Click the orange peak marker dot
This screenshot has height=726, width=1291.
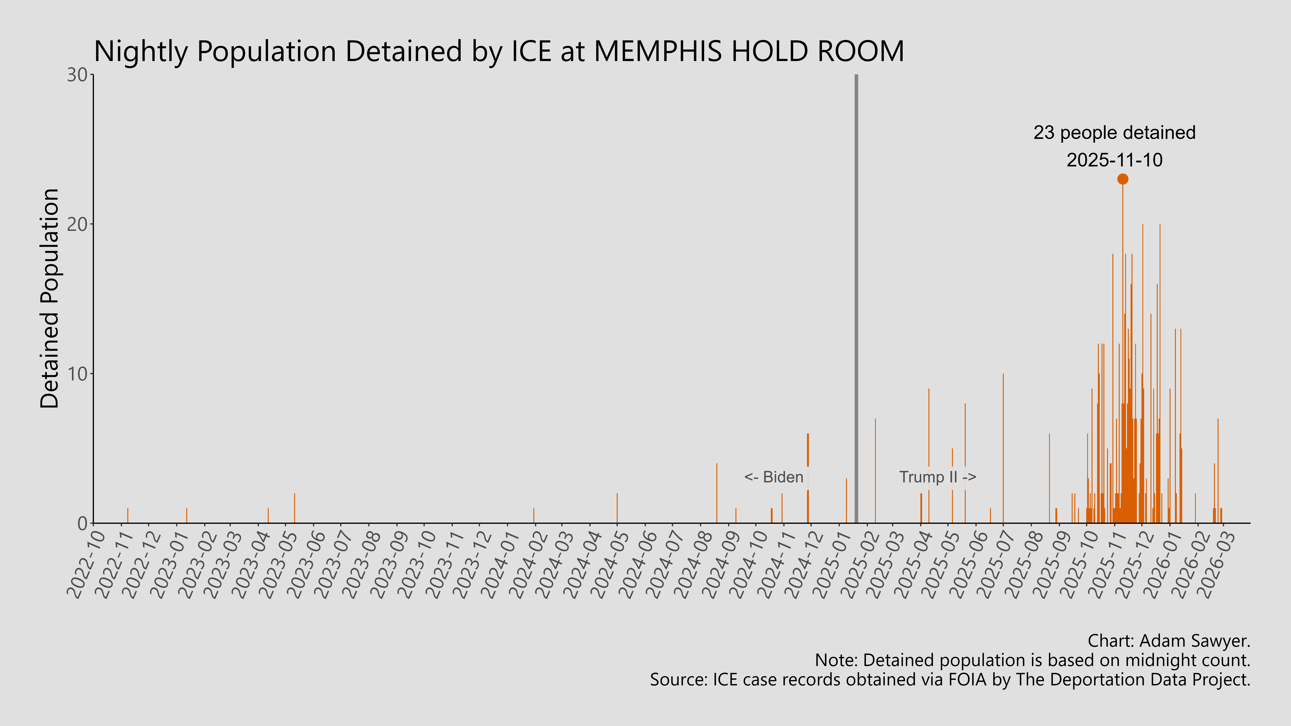point(1123,179)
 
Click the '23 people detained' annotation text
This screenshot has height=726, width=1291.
point(1114,133)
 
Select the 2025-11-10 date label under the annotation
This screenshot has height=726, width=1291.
point(1114,160)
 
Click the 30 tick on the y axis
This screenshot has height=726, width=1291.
point(78,75)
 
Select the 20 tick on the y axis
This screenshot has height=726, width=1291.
point(78,225)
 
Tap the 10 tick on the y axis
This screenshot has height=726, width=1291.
point(78,374)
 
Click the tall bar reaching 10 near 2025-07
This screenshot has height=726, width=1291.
point(1003,451)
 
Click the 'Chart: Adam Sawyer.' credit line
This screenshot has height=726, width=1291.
point(1169,641)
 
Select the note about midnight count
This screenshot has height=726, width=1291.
point(1032,660)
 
